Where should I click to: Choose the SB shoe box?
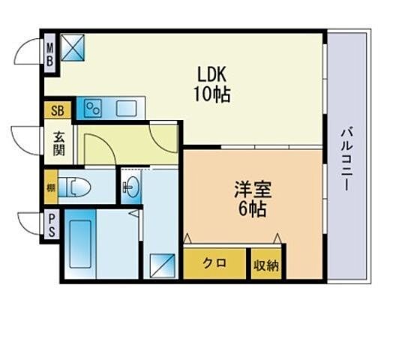tap(57, 111)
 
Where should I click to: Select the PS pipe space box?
tap(51, 226)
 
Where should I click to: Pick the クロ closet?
tap(214, 264)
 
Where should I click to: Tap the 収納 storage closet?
tap(265, 264)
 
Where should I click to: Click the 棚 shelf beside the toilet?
tap(50, 187)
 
